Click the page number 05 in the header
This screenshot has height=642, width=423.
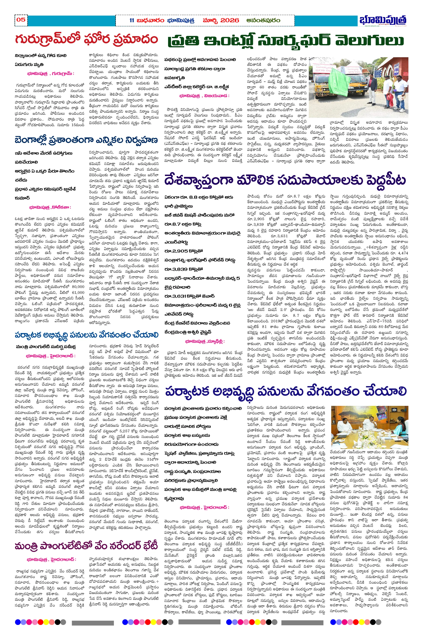pos(21,20)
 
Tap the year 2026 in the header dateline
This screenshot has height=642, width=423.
pos(230,20)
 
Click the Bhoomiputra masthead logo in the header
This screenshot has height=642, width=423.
pos(383,20)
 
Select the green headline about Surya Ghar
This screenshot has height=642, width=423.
pos(285,41)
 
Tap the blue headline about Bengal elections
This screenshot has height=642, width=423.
pos(86,140)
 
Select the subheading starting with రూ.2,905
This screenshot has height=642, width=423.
pos(184,251)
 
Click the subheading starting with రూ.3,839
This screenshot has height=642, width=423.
pos(184,269)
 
